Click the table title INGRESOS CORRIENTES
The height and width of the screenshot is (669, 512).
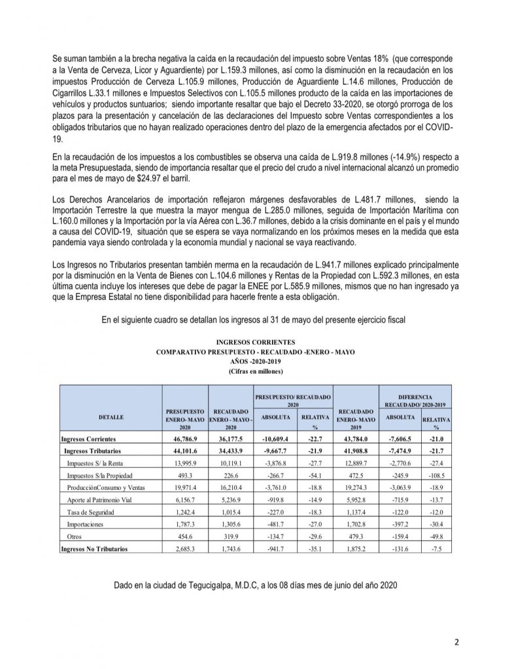[x=256, y=341]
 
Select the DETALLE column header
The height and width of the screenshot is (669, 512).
[x=111, y=416]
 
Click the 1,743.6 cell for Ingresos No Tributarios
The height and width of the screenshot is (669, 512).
[x=228, y=549]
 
